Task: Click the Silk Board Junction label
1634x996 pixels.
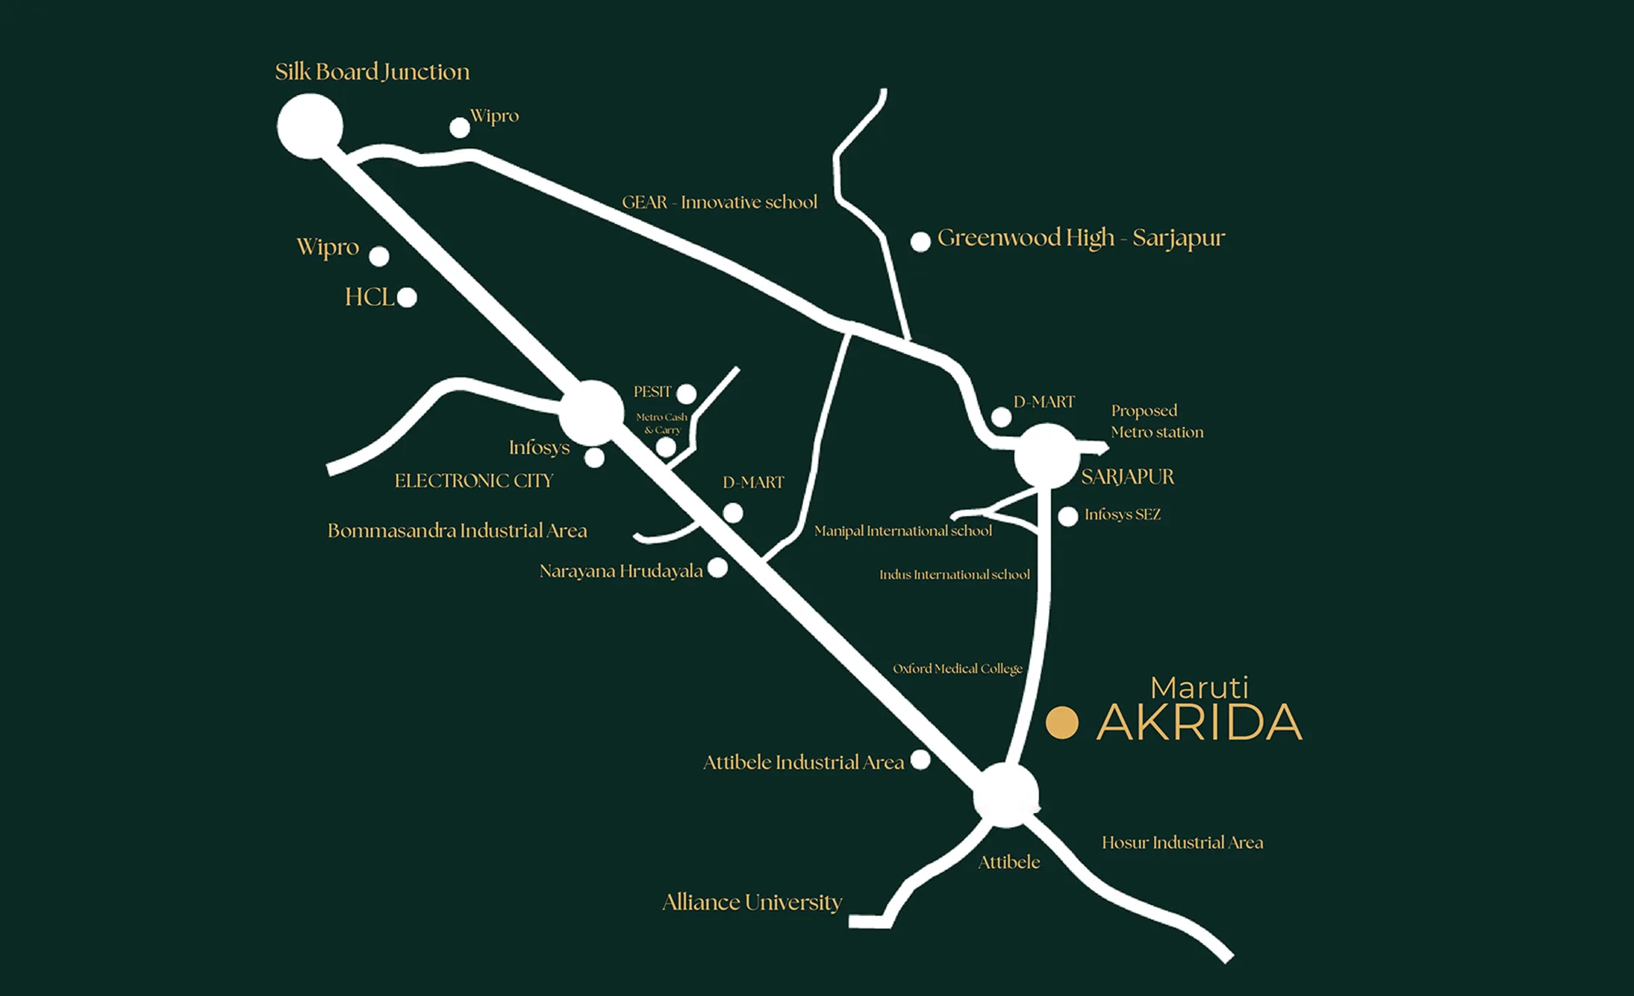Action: pos(372,72)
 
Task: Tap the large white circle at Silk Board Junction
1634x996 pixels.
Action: pos(310,126)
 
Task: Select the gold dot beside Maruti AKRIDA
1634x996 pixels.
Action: pos(1061,723)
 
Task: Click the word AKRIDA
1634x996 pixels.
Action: pos(1199,723)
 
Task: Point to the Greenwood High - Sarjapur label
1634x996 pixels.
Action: pos(1081,238)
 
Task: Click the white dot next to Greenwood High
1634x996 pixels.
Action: pos(920,241)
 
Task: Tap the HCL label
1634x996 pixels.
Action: pos(369,297)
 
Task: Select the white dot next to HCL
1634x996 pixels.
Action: pos(407,297)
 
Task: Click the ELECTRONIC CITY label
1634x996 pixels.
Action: pos(474,481)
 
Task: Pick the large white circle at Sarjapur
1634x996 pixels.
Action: pos(1047,455)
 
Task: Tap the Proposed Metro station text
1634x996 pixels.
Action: pos(1156,421)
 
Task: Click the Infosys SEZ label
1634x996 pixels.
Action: pos(1122,514)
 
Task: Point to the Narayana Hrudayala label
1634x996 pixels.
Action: pos(621,571)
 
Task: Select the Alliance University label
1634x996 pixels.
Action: pos(752,902)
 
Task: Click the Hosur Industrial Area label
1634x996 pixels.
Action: pos(1182,843)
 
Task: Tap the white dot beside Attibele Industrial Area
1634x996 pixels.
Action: pos(921,760)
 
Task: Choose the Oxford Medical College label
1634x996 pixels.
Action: pos(957,668)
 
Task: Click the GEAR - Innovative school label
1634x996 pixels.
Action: pos(720,202)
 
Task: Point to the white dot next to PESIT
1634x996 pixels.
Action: pos(687,393)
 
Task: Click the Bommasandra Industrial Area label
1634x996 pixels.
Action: pos(457,531)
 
